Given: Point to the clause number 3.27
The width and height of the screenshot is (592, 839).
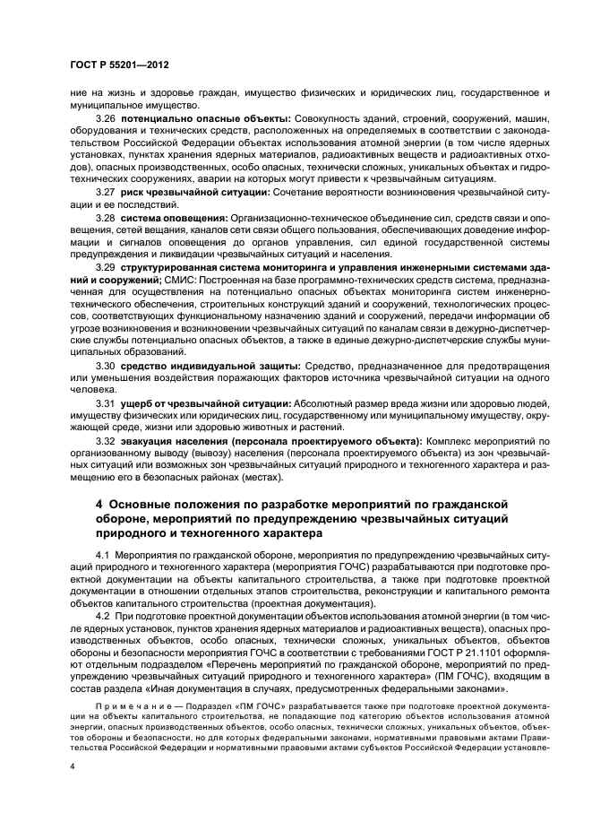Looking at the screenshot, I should [x=106, y=192].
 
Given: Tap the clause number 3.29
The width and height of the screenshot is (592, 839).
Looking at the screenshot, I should [x=106, y=267].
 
